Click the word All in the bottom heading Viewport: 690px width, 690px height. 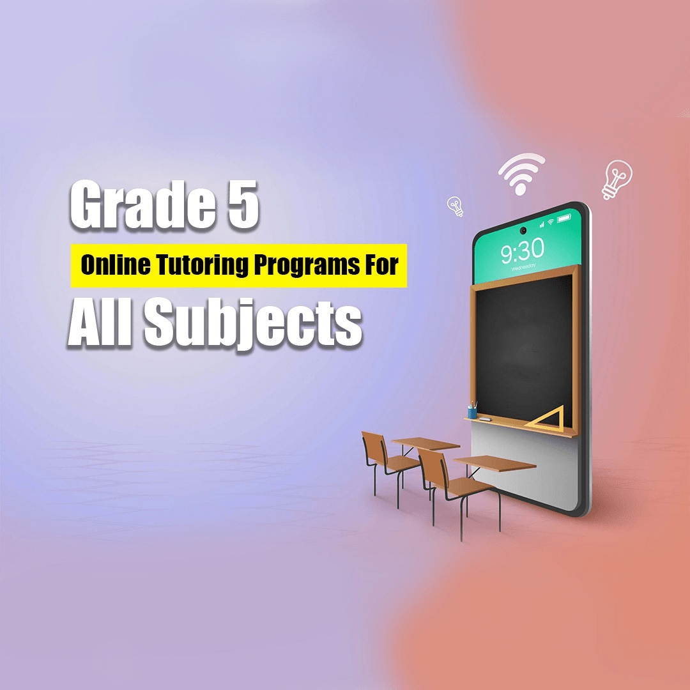click(x=100, y=321)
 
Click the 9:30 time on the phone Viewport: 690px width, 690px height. click(x=523, y=250)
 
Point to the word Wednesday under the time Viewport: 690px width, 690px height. click(x=524, y=266)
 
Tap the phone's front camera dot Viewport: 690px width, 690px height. click(x=523, y=231)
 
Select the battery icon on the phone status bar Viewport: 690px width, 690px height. click(x=563, y=218)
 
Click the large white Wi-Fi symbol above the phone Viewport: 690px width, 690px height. click(x=521, y=173)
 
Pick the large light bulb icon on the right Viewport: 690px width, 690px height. click(x=617, y=180)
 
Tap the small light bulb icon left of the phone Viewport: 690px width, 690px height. click(x=456, y=206)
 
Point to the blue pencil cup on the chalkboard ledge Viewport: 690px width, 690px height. click(x=472, y=411)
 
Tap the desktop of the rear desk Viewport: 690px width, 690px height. click(x=425, y=443)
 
